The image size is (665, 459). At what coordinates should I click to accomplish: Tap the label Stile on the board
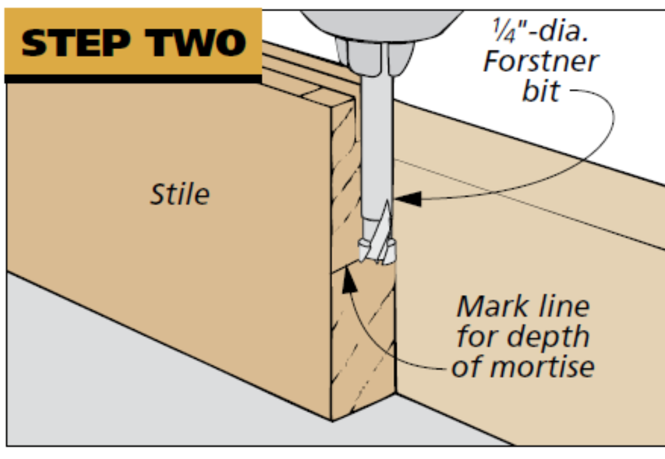pos(180,195)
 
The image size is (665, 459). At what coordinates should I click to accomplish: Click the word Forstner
pos(541,62)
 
